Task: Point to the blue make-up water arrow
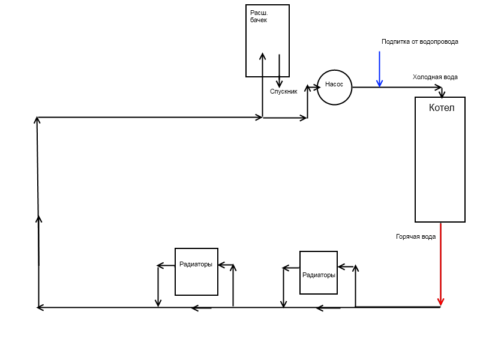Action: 380,69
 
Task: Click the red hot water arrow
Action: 440,265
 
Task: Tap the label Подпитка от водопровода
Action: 419,41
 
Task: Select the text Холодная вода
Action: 435,77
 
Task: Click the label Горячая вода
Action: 416,236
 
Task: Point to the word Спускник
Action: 283,92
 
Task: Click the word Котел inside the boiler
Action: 442,108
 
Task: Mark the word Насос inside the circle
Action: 334,84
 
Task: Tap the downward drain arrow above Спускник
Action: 279,71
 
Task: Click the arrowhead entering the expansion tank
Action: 262,56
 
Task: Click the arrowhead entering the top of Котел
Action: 442,94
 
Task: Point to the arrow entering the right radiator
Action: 346,267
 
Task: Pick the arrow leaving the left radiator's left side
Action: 166,265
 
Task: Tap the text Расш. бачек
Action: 259,17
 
